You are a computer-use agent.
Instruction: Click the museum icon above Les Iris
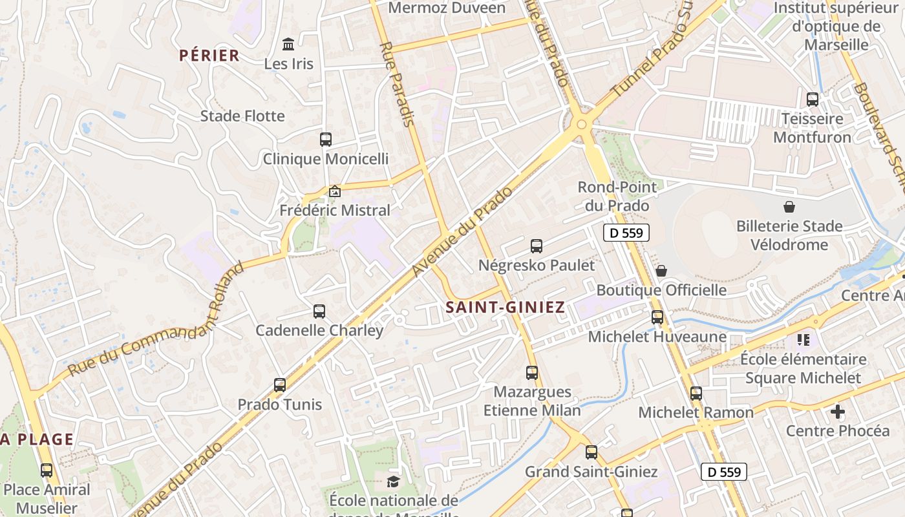288,45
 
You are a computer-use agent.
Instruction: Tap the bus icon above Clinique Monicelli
326,139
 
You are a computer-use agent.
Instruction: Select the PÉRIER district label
209,56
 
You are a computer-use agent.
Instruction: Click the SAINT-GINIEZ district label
506,308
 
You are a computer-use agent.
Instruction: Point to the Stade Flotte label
242,116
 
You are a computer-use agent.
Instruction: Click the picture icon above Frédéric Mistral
335,191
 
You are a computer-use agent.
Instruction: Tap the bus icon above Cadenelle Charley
319,311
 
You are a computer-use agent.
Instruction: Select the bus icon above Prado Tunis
280,385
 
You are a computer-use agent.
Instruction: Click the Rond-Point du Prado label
617,196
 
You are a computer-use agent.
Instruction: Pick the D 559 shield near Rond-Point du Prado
626,233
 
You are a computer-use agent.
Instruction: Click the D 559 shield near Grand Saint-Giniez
724,472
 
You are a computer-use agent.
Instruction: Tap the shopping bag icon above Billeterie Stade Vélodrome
789,207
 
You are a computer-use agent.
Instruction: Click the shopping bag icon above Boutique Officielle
661,271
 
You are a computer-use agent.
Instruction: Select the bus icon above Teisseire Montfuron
813,100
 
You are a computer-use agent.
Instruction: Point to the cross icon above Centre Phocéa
838,412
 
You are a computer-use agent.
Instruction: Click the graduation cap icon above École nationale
393,481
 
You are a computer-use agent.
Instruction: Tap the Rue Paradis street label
398,84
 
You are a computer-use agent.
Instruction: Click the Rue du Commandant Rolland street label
158,319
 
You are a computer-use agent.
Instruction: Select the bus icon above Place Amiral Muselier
47,470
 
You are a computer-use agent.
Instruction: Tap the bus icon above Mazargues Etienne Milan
532,373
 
